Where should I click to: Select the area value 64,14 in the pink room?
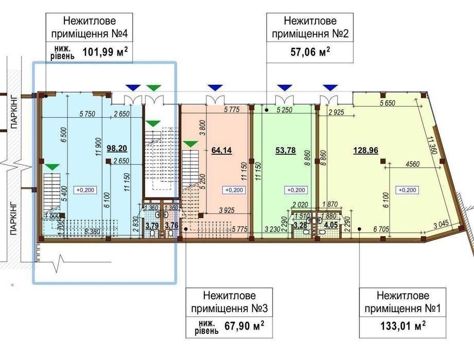click(x=221, y=151)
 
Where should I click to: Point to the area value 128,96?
click(x=363, y=151)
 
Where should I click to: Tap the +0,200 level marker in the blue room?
click(x=85, y=189)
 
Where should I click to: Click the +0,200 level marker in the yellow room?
click(x=407, y=189)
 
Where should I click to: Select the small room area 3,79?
click(x=151, y=225)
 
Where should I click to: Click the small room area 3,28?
click(x=301, y=224)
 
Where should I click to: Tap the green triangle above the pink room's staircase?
click(x=190, y=143)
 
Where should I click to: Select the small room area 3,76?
click(x=171, y=225)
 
